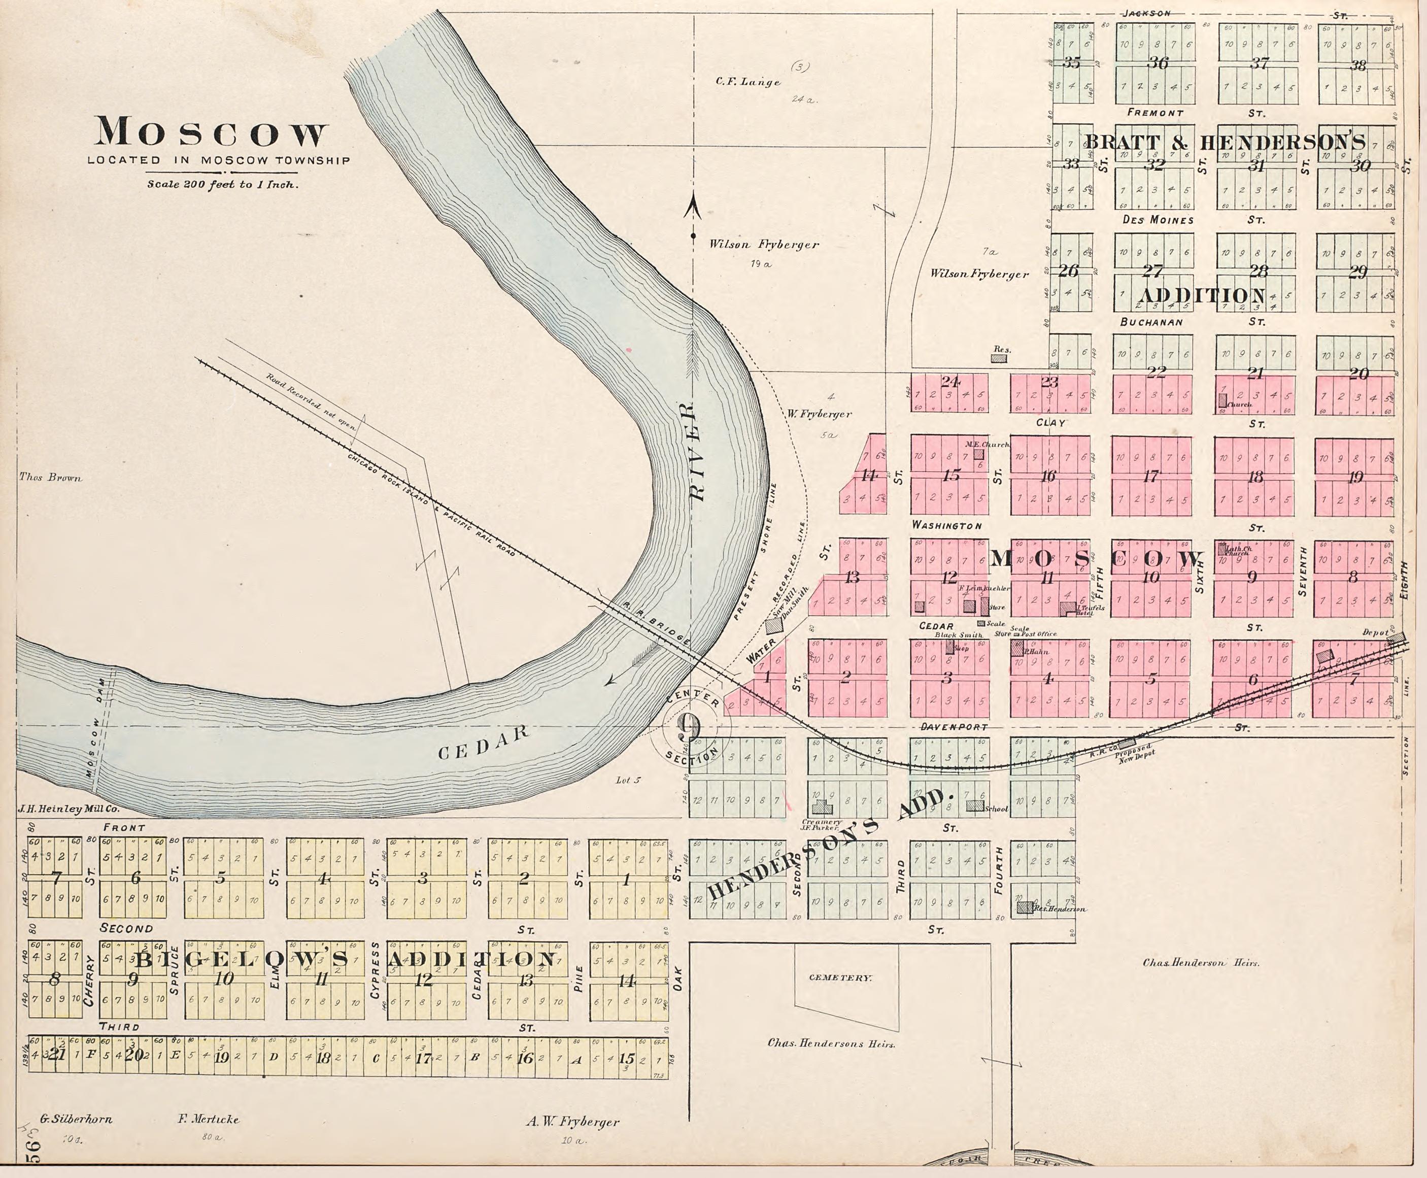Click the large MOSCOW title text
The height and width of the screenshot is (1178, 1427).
pos(211,133)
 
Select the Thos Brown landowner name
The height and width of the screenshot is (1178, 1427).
pos(50,478)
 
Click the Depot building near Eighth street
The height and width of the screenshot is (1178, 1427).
pos(1395,638)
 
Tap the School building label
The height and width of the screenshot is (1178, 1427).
pos(996,809)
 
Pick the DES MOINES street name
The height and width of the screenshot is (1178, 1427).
pos(1158,220)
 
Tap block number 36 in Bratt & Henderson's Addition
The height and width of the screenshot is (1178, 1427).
pos(1157,63)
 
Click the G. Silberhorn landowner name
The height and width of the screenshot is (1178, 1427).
pos(75,1119)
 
